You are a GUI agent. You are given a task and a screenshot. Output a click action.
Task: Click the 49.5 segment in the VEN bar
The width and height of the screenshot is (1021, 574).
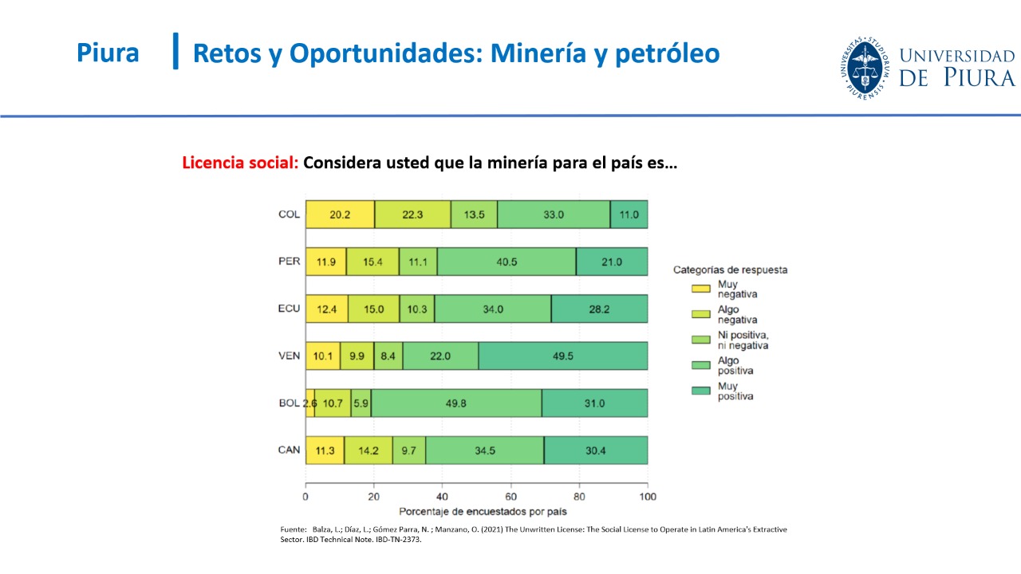[x=563, y=356]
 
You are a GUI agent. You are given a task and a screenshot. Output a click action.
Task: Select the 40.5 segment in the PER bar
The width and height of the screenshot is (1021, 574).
[x=507, y=261]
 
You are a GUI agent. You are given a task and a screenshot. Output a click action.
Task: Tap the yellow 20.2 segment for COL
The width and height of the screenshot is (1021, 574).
[x=340, y=214]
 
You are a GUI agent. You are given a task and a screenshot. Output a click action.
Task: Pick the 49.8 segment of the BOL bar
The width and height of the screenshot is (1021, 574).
[x=456, y=403]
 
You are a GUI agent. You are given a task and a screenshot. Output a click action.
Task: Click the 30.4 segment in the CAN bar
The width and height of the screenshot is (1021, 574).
[x=596, y=450]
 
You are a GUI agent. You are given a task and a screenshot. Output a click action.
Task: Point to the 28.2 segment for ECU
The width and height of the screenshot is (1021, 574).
[x=599, y=309]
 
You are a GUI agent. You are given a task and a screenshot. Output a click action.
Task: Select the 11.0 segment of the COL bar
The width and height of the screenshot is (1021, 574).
[x=629, y=214]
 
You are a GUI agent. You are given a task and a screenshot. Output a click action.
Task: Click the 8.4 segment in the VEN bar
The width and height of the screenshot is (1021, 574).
[x=388, y=356]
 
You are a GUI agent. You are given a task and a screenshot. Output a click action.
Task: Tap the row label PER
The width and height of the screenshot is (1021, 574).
[x=290, y=261]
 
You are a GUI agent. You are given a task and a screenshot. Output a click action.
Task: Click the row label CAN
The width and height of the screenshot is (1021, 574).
[x=290, y=450]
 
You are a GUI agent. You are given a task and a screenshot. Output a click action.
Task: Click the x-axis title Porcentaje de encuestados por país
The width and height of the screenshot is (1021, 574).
[x=483, y=512]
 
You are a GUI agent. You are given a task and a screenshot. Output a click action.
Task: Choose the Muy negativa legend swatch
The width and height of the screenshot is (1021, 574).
[x=701, y=289]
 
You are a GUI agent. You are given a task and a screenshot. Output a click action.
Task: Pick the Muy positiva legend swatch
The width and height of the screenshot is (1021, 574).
[x=701, y=391]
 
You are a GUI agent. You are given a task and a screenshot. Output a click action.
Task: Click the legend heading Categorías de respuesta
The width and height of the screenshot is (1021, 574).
[x=730, y=269]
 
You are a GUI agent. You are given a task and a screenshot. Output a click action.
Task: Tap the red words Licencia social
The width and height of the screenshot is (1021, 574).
[x=240, y=163]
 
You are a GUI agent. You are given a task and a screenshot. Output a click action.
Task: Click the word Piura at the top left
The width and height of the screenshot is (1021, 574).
[x=108, y=53]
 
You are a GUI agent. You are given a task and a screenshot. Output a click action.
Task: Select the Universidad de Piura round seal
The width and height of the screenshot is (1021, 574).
[x=865, y=69]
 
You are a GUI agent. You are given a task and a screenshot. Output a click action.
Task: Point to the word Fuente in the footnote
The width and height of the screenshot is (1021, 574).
[x=293, y=529]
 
